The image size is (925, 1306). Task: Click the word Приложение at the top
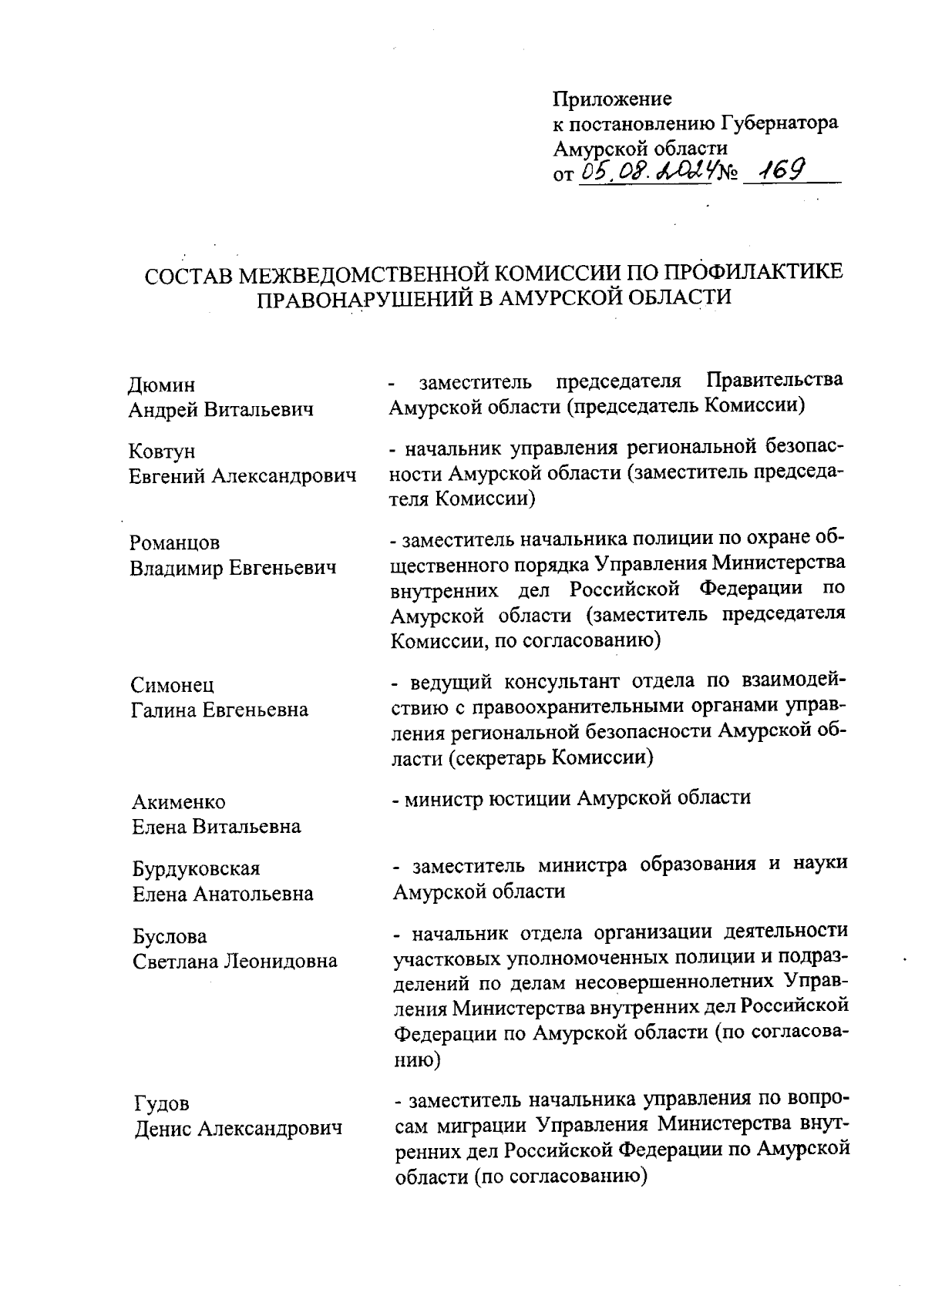tap(612, 99)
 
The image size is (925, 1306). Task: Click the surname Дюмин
tap(161, 384)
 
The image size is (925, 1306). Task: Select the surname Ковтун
tap(162, 452)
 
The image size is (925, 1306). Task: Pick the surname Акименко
tap(179, 802)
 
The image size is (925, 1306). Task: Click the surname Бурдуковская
tap(197, 869)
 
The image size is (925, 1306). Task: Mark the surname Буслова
tap(170, 937)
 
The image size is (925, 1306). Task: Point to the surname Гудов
tap(161, 1104)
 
